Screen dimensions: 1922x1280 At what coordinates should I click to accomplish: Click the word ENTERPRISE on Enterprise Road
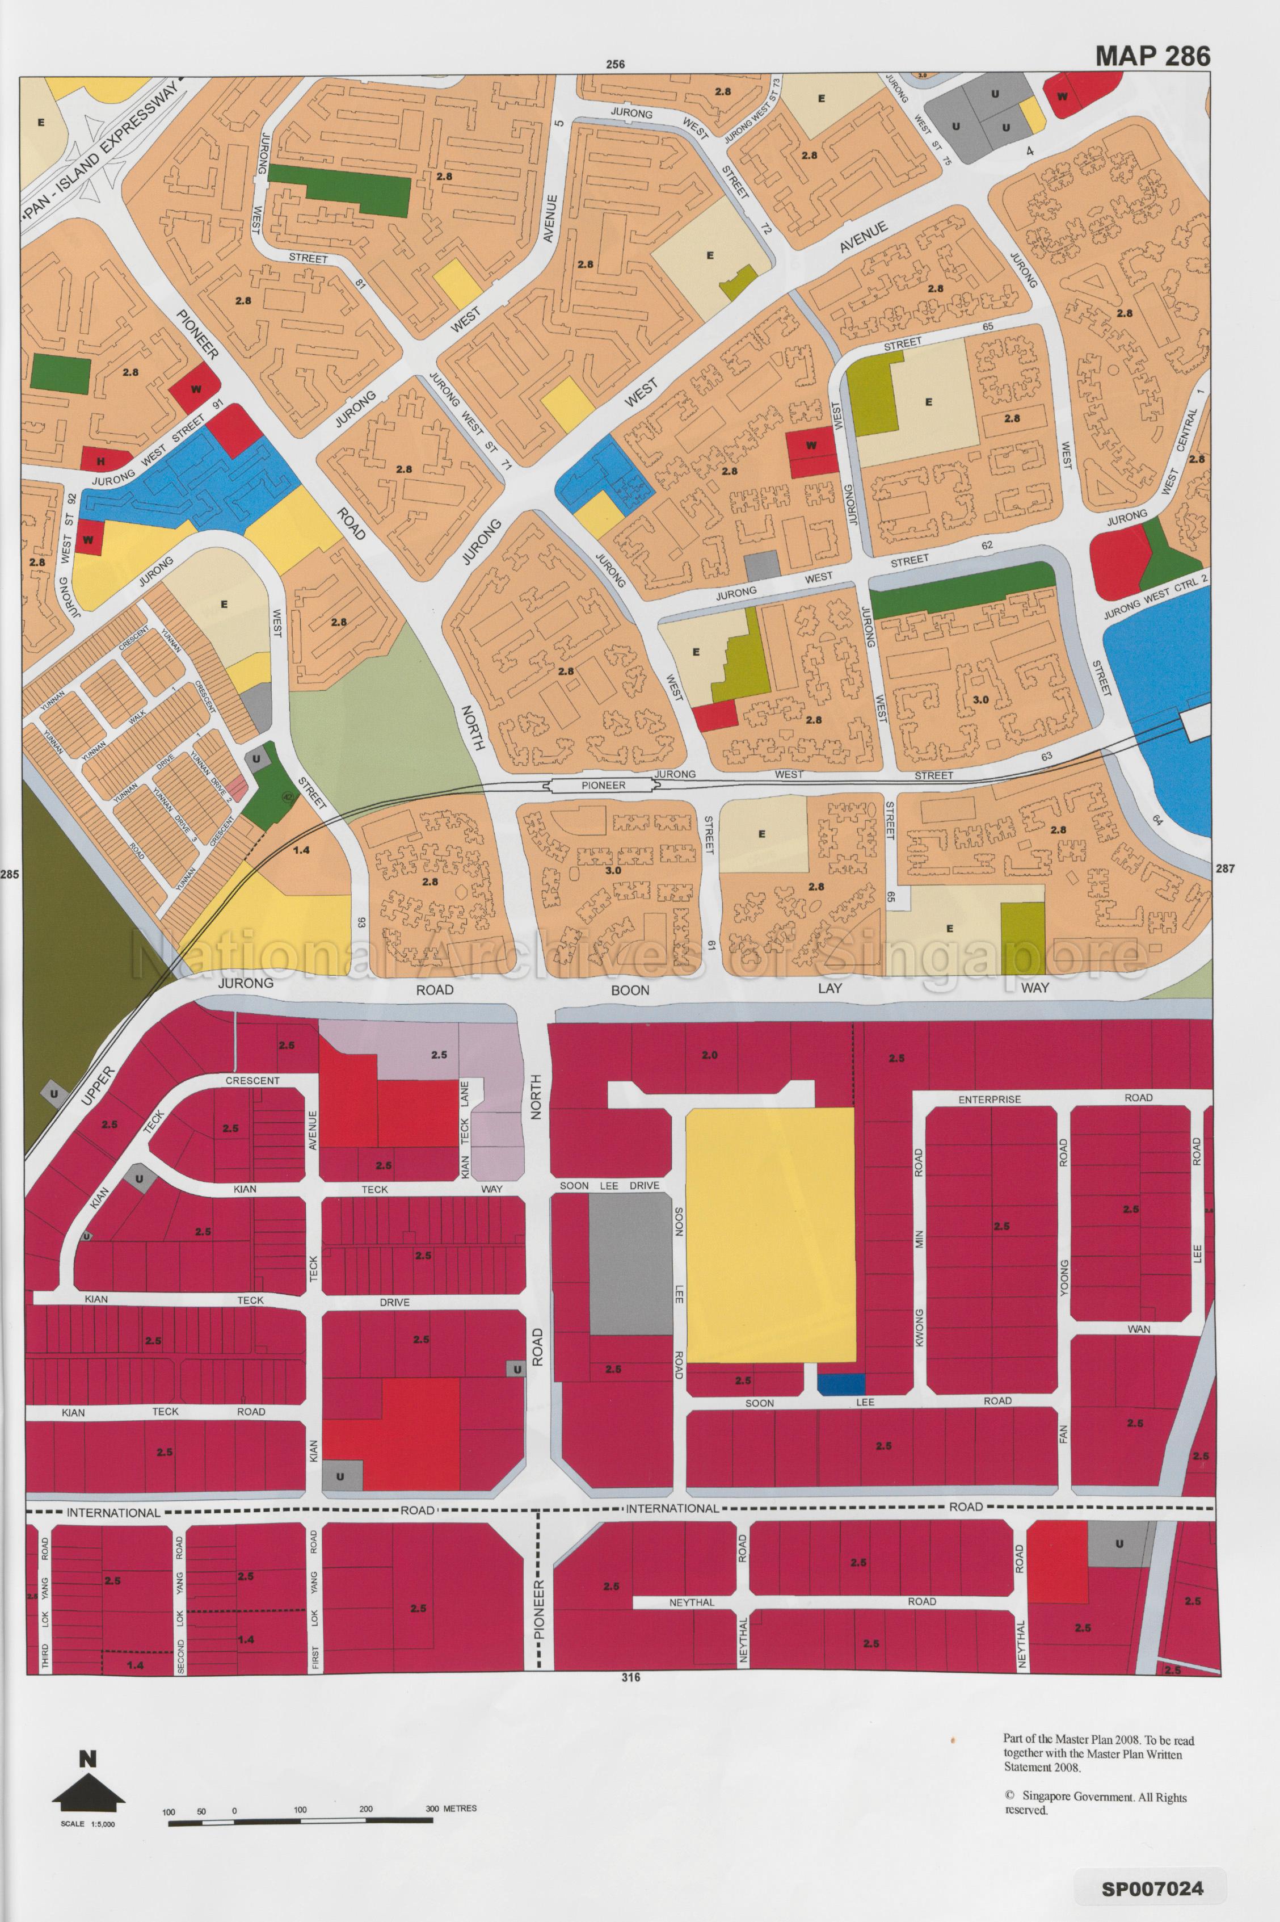tap(990, 1099)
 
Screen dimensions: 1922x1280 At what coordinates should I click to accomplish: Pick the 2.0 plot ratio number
tap(709, 1055)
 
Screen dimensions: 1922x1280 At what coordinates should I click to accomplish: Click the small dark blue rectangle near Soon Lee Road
tap(840, 1384)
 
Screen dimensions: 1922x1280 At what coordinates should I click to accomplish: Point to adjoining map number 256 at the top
tap(616, 65)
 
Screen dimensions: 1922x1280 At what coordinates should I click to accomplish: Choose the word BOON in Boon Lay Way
tap(630, 989)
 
